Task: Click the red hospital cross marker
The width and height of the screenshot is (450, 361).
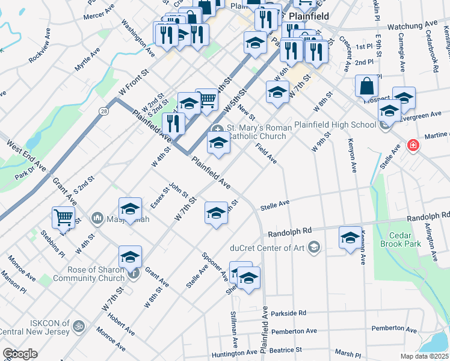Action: (x=413, y=145)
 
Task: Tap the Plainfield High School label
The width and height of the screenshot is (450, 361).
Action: (x=334, y=125)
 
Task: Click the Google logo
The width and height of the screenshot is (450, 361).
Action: (x=20, y=354)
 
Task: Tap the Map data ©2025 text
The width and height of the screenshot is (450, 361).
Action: (x=424, y=356)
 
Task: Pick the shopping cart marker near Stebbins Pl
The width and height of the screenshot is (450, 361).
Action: (x=63, y=217)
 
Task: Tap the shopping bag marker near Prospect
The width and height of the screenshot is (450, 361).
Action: (x=366, y=87)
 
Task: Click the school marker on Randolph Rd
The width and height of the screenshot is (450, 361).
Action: (x=350, y=237)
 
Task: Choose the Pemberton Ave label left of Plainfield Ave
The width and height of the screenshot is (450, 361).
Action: (x=294, y=332)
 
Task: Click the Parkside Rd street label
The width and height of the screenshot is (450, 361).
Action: (x=289, y=313)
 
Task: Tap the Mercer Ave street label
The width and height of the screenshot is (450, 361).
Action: (x=99, y=10)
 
